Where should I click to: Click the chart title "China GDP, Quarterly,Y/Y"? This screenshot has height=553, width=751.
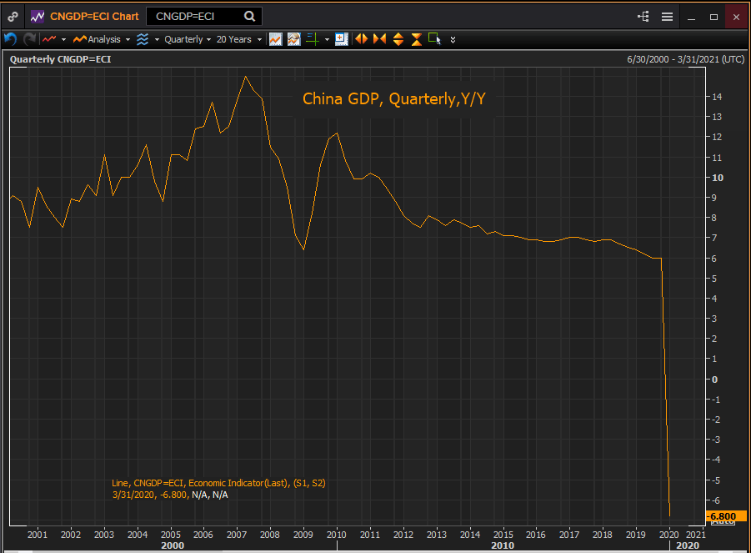[x=393, y=99]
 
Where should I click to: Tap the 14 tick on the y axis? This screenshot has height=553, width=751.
[x=717, y=97]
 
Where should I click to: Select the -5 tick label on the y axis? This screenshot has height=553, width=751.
[x=715, y=480]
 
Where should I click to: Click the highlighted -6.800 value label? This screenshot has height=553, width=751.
[x=721, y=517]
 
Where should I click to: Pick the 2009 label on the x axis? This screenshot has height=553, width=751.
[x=303, y=534]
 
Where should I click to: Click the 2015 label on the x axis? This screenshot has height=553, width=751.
[x=503, y=534]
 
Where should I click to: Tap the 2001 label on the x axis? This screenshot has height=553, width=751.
[x=38, y=534]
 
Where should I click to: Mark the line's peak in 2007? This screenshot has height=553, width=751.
[x=245, y=76]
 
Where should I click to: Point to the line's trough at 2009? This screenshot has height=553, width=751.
[x=303, y=249]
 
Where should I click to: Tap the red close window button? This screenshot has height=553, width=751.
[x=735, y=16]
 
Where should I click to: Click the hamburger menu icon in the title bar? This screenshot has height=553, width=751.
[x=667, y=16]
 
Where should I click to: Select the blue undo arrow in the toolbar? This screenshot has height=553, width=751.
[x=11, y=39]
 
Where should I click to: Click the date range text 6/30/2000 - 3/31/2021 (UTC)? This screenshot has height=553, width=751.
[x=684, y=59]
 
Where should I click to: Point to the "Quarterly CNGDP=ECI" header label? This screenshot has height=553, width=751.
[x=60, y=59]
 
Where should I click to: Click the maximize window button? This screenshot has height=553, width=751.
[x=713, y=16]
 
